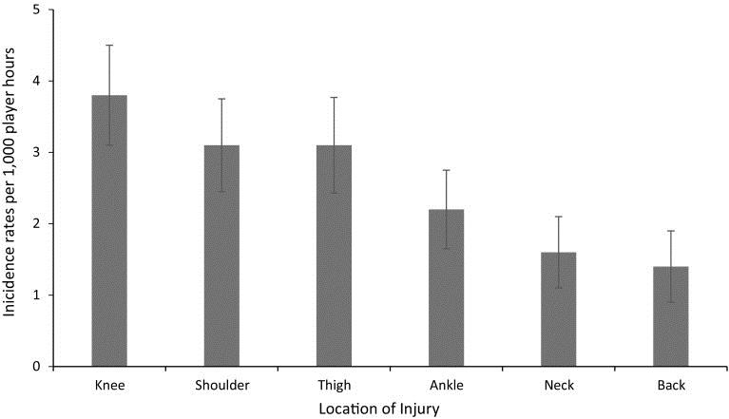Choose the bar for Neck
click(558, 309)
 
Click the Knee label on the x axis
click(109, 385)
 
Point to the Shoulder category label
click(221, 385)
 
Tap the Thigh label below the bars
click(334, 385)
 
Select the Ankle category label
click(446, 385)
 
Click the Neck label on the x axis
click(558, 385)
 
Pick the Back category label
click(670, 385)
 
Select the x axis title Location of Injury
click(390, 409)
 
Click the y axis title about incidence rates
click(12, 188)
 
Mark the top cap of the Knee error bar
click(109, 45)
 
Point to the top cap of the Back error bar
click(670, 231)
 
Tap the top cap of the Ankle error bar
click(446, 170)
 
